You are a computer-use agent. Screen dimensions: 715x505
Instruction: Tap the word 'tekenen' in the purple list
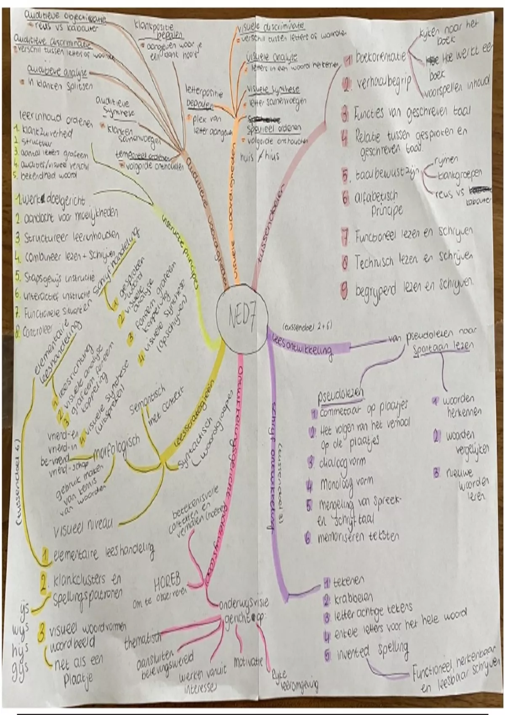click(x=349, y=582)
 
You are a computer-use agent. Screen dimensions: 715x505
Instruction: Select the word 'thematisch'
click(x=143, y=642)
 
